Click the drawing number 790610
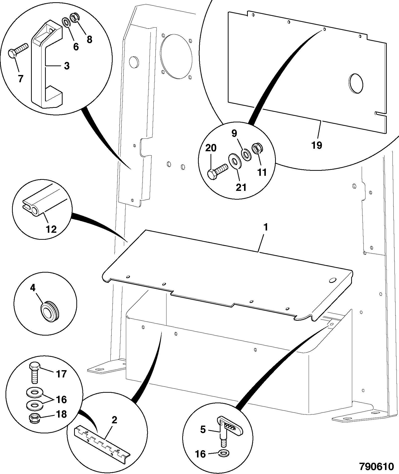pyautogui.click(x=376, y=466)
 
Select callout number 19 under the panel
pyautogui.click(x=317, y=145)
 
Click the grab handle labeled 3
pyautogui.click(x=47, y=65)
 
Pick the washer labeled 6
pyautogui.click(x=67, y=22)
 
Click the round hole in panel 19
pyautogui.click(x=356, y=84)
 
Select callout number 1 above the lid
pyautogui.click(x=266, y=227)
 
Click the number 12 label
pyautogui.click(x=51, y=229)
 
